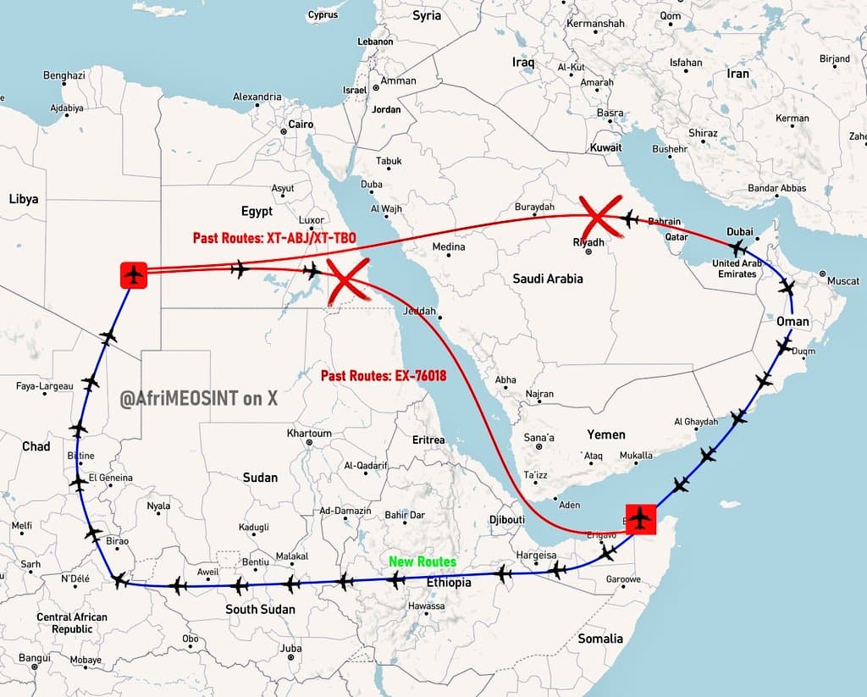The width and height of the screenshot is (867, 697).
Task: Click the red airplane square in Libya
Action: coord(134,274)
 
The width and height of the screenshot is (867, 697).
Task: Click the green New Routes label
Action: coord(422,561)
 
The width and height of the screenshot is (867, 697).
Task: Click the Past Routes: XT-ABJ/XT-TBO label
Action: coord(274,239)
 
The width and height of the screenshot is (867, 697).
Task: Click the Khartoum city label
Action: coord(309,434)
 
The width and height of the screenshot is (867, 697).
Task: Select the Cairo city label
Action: coord(301,124)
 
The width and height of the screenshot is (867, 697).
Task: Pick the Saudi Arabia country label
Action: coord(547,278)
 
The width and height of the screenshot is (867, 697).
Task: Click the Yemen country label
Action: coord(606,434)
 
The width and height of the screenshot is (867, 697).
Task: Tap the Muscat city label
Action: coord(842,280)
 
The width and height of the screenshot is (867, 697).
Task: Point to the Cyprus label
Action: coord(323,15)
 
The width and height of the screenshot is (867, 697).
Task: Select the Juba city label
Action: coord(290,650)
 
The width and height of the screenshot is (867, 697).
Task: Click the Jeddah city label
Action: coord(421,311)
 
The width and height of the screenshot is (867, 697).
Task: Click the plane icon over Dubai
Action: coord(737,248)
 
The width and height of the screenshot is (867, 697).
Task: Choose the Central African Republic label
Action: coord(72,623)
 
